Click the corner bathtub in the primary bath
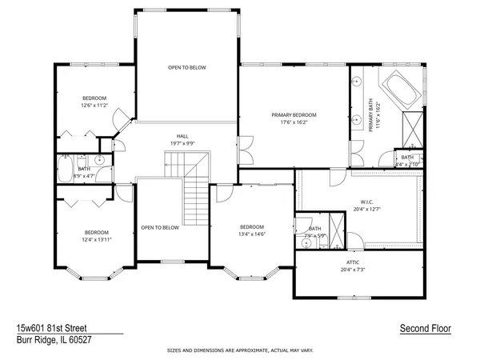click(x=400, y=90)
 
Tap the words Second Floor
click(x=425, y=328)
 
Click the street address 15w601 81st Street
click(x=52, y=328)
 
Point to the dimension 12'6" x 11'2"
click(x=94, y=106)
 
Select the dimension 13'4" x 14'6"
click(x=252, y=234)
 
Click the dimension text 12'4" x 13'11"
click(x=97, y=239)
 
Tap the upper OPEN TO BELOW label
click(x=187, y=67)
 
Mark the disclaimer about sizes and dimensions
click(x=240, y=350)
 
